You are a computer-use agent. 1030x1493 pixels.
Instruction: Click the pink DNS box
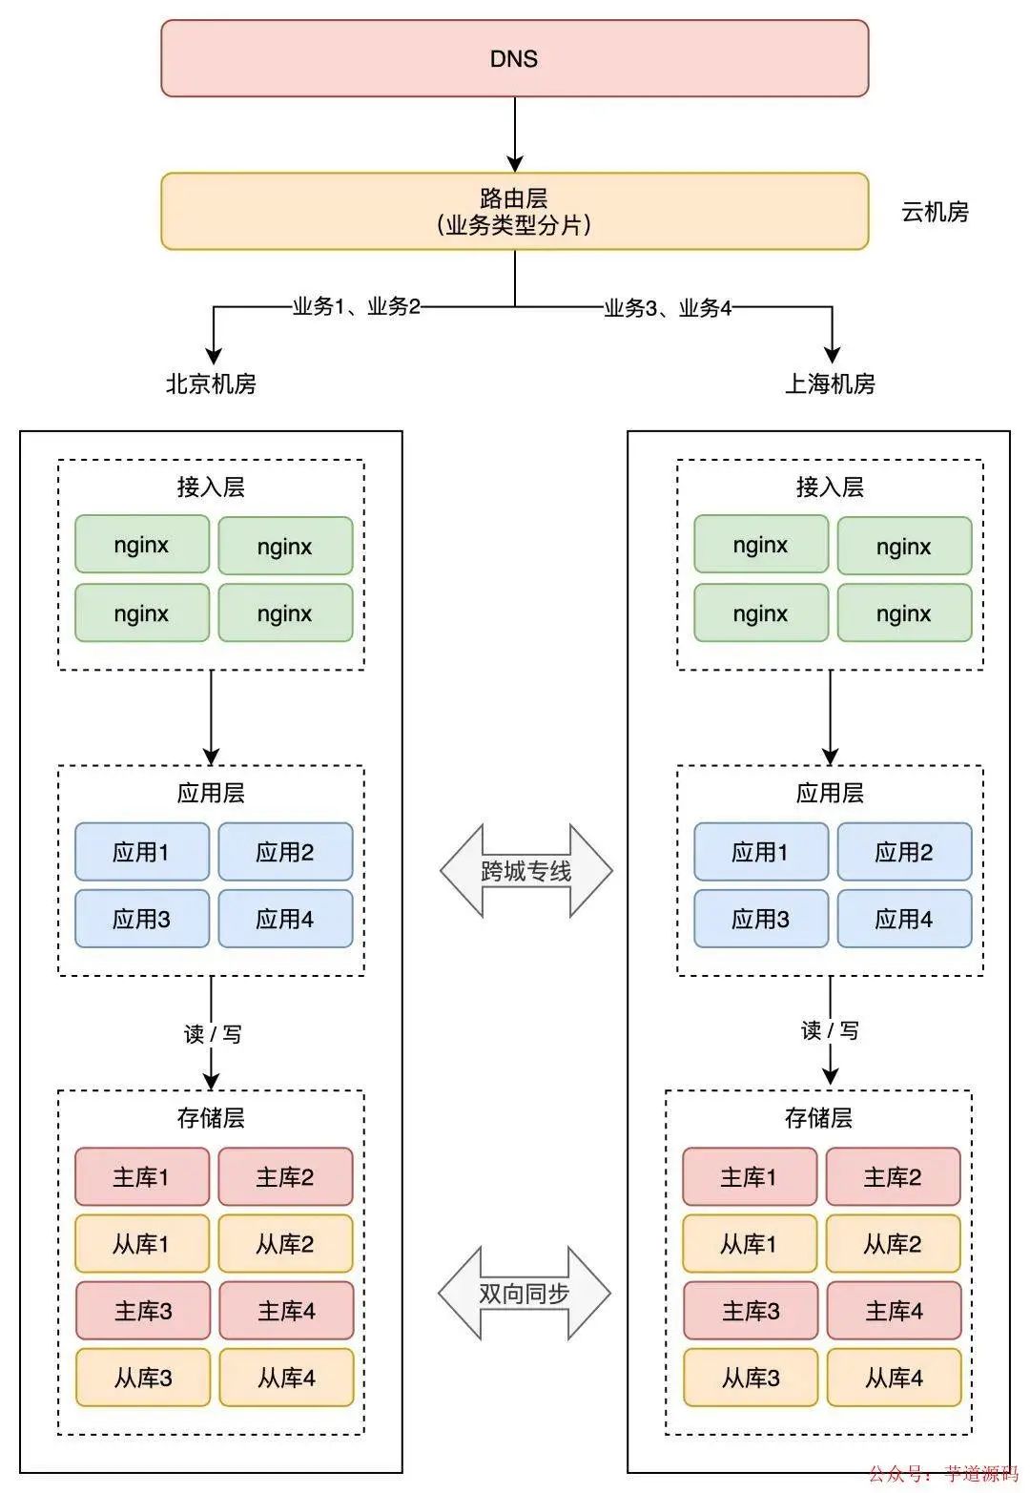(514, 58)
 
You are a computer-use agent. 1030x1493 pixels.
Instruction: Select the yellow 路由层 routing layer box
(514, 211)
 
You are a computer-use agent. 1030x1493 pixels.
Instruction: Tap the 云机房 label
(935, 212)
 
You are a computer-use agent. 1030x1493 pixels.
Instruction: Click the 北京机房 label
(211, 384)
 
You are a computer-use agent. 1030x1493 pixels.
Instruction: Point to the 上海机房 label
(830, 384)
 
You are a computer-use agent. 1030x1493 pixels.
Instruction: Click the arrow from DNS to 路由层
(515, 134)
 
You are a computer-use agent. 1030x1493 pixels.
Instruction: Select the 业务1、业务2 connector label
(356, 307)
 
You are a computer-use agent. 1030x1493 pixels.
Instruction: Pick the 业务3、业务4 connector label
(668, 308)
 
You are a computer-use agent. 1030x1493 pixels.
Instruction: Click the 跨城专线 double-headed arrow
(525, 871)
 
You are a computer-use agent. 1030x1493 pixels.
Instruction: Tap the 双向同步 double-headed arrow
(524, 1293)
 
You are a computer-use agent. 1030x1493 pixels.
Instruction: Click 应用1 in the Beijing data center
(141, 852)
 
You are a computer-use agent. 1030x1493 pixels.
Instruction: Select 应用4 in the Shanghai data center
(903, 919)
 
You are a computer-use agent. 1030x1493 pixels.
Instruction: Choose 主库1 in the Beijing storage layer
(141, 1177)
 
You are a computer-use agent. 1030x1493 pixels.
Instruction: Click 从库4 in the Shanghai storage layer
(894, 1378)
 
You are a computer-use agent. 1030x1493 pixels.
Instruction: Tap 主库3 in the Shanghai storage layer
(751, 1311)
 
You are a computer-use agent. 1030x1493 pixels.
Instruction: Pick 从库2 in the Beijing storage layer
(285, 1244)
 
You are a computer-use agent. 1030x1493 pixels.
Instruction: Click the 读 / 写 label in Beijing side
(212, 1033)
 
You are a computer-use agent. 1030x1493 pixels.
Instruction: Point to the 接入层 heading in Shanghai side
(830, 487)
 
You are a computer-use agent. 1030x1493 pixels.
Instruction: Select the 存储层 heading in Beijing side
(211, 1117)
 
